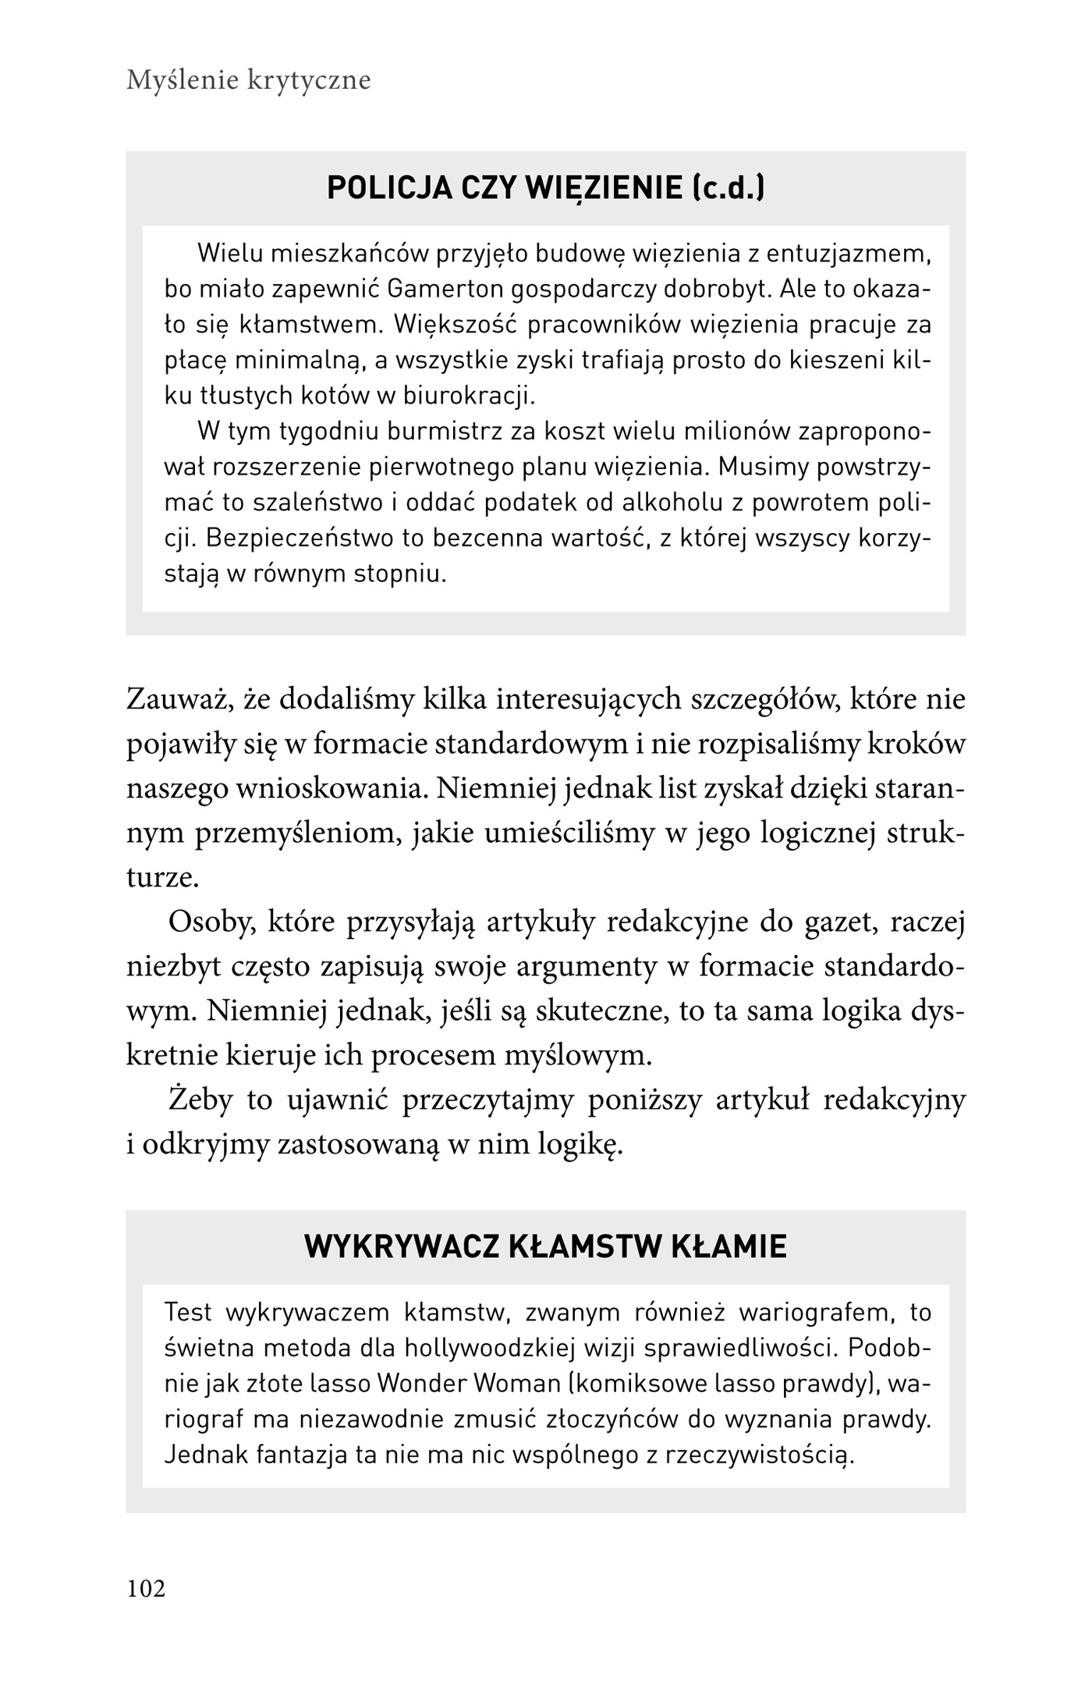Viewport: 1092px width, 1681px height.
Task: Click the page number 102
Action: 146,1588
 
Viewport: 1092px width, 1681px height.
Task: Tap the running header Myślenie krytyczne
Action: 248,80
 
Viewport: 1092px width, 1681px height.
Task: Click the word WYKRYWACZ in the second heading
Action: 401,1246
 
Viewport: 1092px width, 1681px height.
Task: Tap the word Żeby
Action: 200,1100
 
